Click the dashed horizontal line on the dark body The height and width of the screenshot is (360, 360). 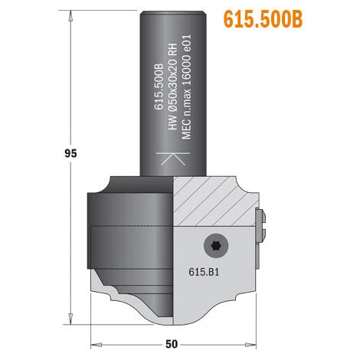pos(130,227)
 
